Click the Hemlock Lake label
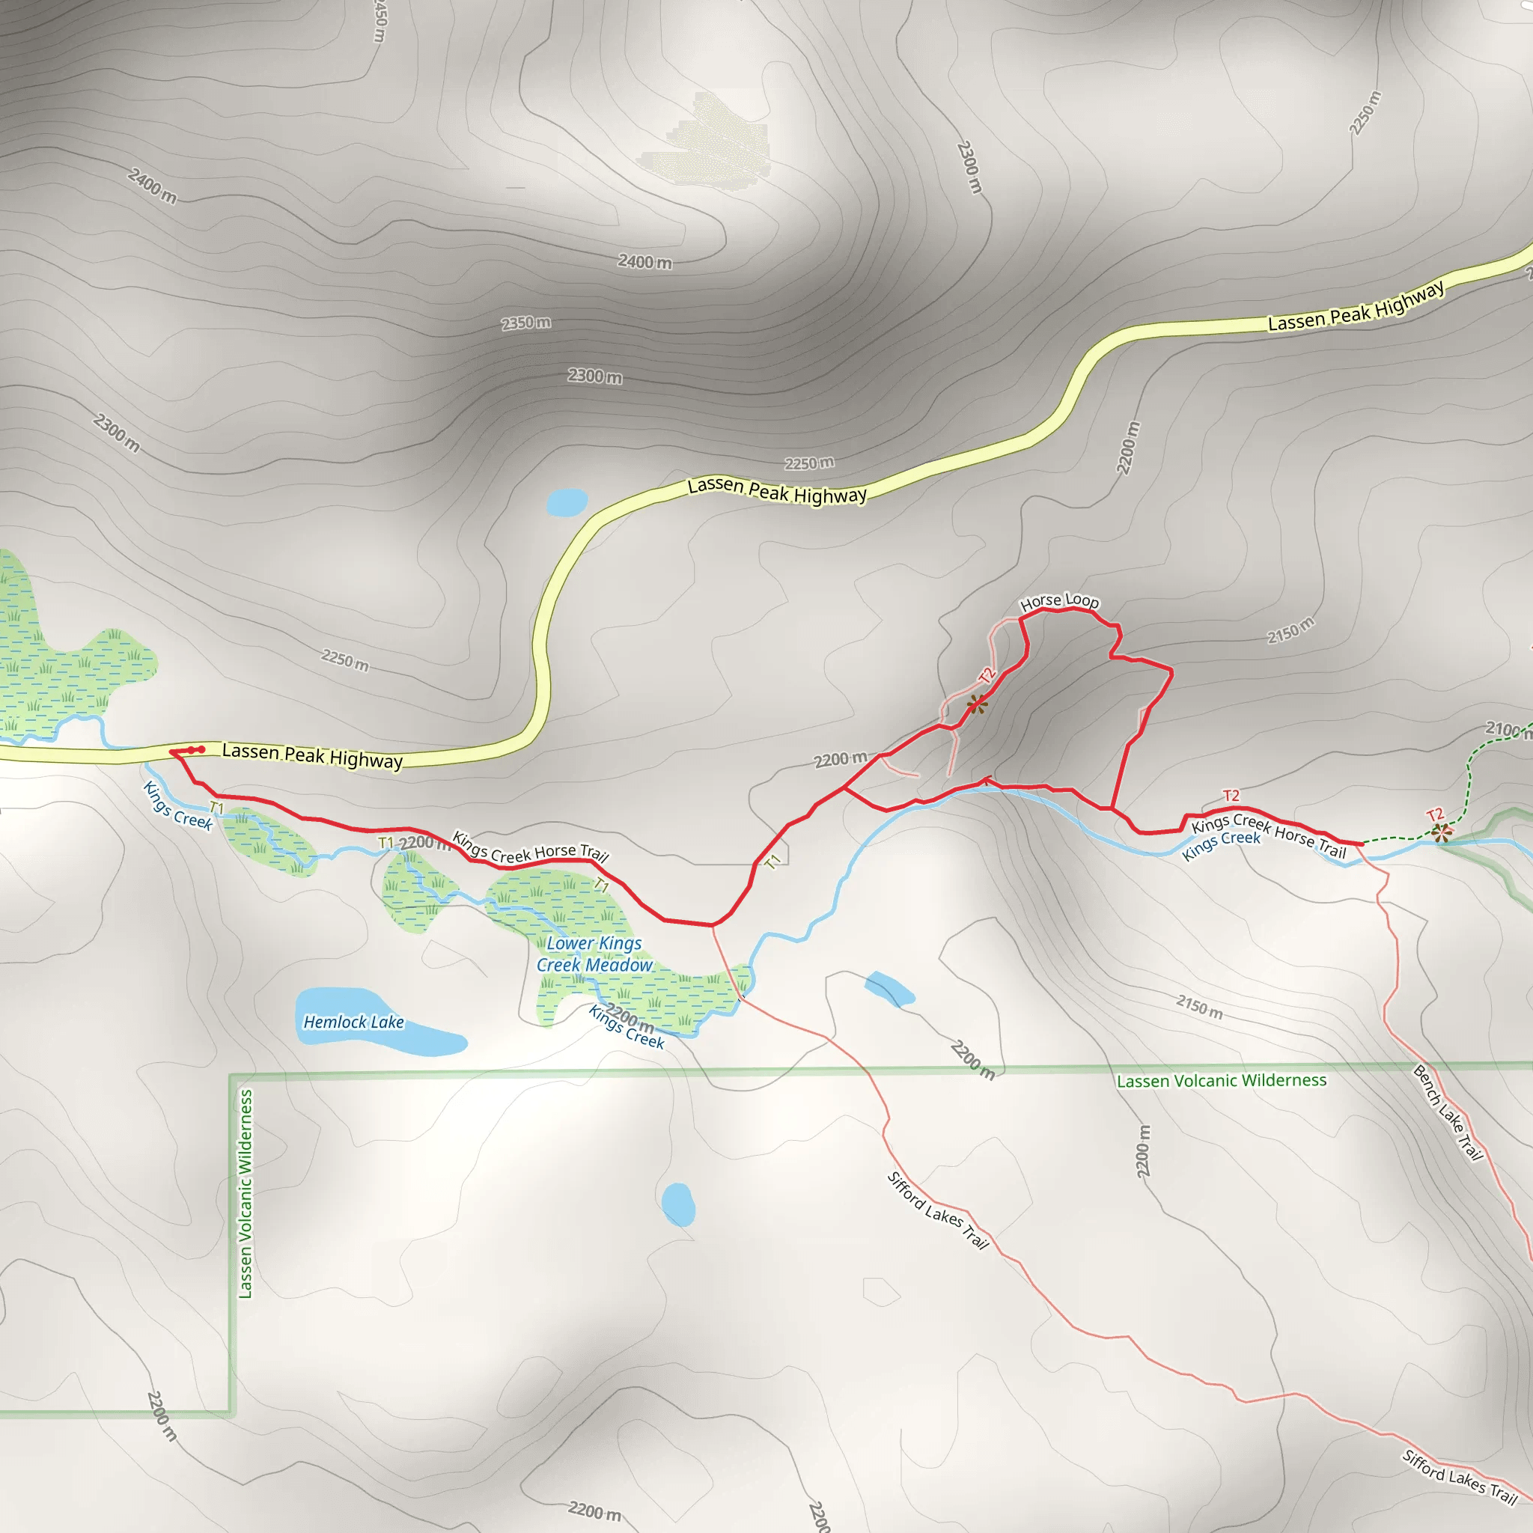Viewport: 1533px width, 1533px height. tap(353, 1022)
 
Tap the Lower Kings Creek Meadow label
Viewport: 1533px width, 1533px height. tap(594, 954)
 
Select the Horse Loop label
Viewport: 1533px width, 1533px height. tap(1059, 602)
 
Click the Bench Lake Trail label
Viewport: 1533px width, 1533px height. tap(1448, 1113)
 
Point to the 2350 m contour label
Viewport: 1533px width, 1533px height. tap(525, 323)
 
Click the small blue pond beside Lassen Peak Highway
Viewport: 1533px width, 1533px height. tap(567, 502)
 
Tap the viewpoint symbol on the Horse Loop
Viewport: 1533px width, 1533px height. tap(978, 703)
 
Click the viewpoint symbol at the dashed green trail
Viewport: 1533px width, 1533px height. tap(1442, 832)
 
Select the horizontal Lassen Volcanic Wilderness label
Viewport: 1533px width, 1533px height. tap(1221, 1081)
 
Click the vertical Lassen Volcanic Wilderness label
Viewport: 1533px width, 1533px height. tap(246, 1193)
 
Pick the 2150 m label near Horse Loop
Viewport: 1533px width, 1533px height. tap(1290, 630)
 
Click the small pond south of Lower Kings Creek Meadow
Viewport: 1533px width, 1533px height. tap(677, 1204)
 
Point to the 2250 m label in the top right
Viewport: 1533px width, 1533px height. tap(1365, 113)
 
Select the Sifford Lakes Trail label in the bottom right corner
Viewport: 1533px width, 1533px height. tap(1459, 1477)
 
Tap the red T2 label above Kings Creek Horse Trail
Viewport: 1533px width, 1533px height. tap(1231, 795)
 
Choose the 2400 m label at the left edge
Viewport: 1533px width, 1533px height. tap(151, 186)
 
